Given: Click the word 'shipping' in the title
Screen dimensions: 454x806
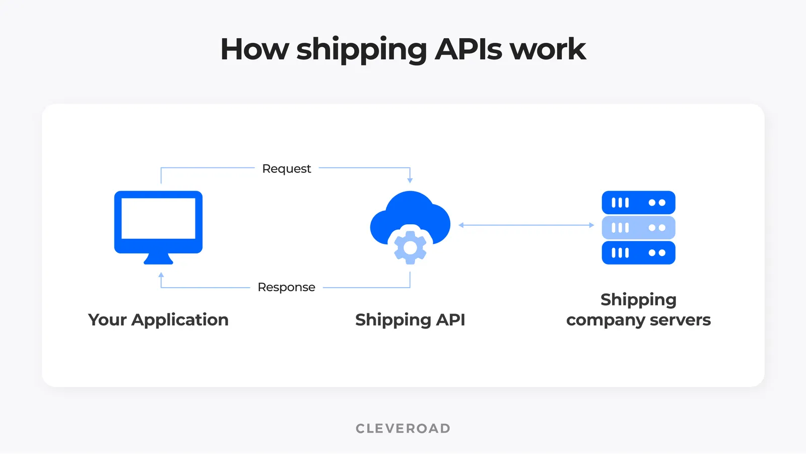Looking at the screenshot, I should click(x=361, y=49).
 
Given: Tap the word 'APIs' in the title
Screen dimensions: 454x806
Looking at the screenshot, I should click(x=468, y=49).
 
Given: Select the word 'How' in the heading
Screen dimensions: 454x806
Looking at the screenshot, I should click(x=254, y=49).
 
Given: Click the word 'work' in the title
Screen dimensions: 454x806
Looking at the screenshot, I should click(x=548, y=49).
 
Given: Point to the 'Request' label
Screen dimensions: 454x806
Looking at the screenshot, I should click(x=287, y=169).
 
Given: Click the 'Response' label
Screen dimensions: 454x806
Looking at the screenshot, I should click(x=286, y=287).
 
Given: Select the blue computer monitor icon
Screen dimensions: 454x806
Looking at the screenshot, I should click(x=158, y=222).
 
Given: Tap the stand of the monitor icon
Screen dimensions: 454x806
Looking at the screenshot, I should click(x=158, y=259).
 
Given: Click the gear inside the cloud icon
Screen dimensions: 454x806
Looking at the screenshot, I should click(x=410, y=247).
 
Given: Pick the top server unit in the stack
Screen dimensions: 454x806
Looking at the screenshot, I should click(x=638, y=203).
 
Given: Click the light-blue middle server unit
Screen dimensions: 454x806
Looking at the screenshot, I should click(x=638, y=228).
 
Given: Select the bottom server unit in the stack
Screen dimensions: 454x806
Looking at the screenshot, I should click(x=638, y=253).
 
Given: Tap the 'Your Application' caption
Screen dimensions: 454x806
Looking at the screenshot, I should click(x=158, y=320).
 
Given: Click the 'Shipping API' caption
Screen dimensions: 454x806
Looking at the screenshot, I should click(x=410, y=320).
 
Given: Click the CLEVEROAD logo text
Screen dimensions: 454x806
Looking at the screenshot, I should click(x=403, y=428).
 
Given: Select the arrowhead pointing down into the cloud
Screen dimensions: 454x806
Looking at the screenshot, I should click(x=410, y=180).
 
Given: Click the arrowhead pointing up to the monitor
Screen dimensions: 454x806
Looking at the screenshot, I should click(x=161, y=275).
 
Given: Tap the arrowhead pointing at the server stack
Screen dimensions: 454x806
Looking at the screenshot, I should click(x=591, y=225).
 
